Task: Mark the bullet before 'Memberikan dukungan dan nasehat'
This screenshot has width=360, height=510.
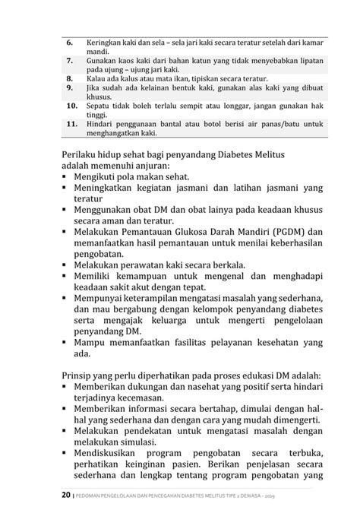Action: coord(67,388)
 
